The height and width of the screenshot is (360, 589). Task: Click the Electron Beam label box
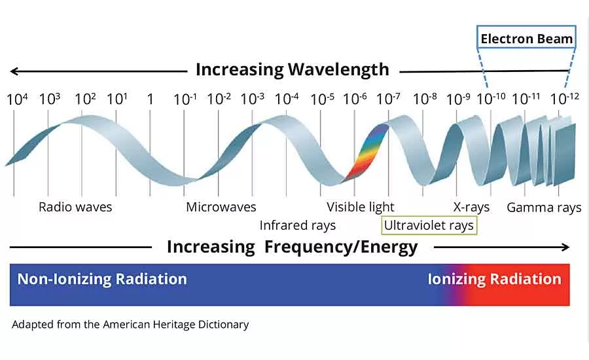[526, 39]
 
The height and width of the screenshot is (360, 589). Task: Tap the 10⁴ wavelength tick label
[18, 99]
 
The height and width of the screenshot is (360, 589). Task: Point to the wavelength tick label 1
[150, 99]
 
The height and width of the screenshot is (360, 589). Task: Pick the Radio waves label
[75, 207]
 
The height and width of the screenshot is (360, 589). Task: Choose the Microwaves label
[221, 207]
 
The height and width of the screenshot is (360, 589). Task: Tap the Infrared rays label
[297, 226]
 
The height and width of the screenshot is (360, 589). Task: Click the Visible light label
[361, 207]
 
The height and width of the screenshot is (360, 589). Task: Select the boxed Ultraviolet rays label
[429, 226]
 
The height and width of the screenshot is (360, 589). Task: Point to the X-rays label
[471, 207]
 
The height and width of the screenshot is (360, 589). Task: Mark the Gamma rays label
[544, 208]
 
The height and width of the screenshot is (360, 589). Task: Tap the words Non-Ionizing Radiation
[102, 279]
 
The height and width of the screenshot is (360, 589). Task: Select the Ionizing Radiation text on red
[494, 279]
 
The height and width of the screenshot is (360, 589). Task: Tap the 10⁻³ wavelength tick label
[252, 99]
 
